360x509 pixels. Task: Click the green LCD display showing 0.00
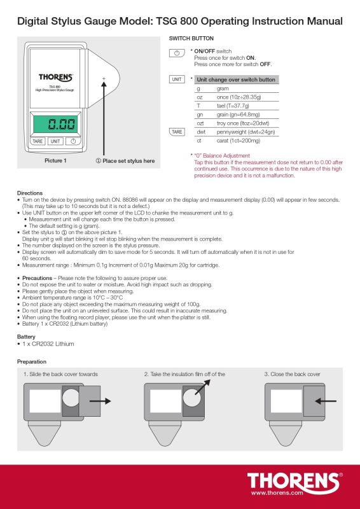tap(55, 124)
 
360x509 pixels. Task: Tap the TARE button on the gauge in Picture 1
tap(38, 141)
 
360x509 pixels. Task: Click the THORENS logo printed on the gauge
tap(55, 77)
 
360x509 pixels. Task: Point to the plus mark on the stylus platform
tap(104, 78)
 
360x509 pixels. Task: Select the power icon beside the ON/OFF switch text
tap(176, 52)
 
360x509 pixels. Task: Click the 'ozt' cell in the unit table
tap(200, 123)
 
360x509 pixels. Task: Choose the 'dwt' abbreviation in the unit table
tap(200, 131)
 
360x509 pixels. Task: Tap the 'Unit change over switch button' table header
tap(237, 80)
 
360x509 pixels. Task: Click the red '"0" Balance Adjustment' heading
tap(222, 155)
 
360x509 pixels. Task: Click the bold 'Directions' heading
tap(30, 192)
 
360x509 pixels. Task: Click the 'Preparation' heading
tap(32, 361)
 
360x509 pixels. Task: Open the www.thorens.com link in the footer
tap(276, 492)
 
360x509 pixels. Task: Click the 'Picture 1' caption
tap(55, 161)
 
